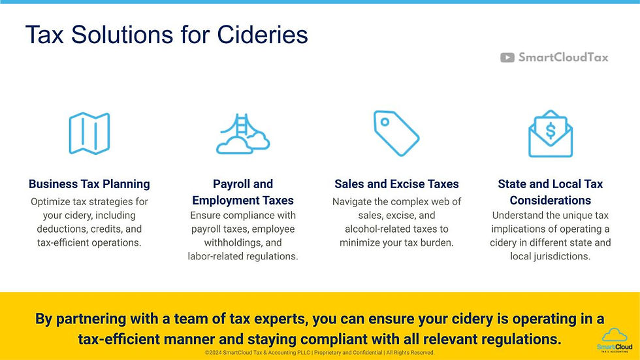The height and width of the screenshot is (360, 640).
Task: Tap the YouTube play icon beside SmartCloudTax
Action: pyautogui.click(x=507, y=57)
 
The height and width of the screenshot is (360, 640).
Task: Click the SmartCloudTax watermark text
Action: pyautogui.click(x=563, y=57)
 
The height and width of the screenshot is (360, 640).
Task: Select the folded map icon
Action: pyautogui.click(x=89, y=133)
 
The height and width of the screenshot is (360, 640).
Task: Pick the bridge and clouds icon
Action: pyautogui.click(x=242, y=134)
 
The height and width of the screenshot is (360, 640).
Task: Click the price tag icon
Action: pyautogui.click(x=396, y=133)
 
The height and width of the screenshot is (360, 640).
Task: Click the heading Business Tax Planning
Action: pyautogui.click(x=89, y=184)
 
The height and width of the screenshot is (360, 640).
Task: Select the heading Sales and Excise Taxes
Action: pyautogui.click(x=396, y=184)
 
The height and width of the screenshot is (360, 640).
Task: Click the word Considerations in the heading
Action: pyautogui.click(x=551, y=201)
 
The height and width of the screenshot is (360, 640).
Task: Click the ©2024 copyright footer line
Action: pyautogui.click(x=319, y=353)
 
